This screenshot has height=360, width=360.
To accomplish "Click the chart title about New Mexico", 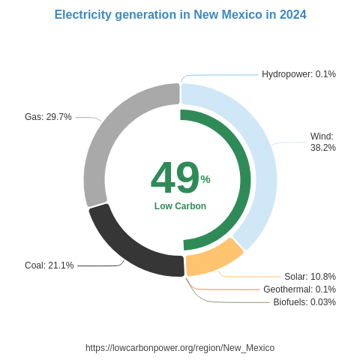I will [x=180, y=15].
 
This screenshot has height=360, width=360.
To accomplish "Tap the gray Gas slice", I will [x=105, y=135].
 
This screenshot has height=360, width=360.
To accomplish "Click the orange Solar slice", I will [x=214, y=259].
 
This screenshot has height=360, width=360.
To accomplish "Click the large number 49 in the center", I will [x=175, y=178].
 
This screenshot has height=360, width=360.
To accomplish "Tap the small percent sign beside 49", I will [x=205, y=179].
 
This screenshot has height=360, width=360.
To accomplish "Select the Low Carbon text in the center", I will [x=180, y=206].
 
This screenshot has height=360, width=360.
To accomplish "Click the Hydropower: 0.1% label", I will [x=298, y=74].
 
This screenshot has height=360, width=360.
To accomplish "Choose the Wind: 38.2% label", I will [x=322, y=142].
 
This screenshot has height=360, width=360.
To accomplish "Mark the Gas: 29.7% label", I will [x=48, y=117].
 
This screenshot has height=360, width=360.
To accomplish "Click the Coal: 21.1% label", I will [x=49, y=265].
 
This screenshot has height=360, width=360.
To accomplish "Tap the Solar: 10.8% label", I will [x=310, y=277].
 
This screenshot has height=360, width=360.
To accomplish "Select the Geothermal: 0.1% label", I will [x=299, y=289].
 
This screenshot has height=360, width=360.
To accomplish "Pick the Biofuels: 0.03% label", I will [x=304, y=302].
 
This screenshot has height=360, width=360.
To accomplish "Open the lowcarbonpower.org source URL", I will [x=180, y=348].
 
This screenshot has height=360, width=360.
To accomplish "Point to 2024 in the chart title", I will [x=292, y=15].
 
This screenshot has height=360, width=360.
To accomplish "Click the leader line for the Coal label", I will [x=97, y=265].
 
